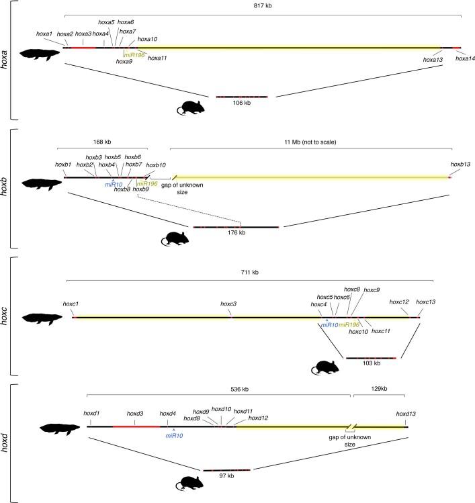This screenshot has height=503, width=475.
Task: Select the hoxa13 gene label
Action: pos(433,60)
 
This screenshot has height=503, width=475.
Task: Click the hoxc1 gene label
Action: pos(72,304)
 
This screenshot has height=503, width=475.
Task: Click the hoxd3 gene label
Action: pos(136,414)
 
